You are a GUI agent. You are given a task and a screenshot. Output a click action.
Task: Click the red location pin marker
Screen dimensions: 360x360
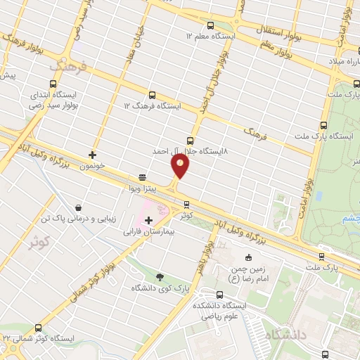coord(181,166)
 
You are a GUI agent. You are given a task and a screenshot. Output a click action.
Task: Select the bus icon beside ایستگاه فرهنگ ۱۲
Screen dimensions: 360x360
coord(152,95)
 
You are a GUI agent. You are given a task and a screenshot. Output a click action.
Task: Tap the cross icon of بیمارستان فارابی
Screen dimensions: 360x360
coord(148,220)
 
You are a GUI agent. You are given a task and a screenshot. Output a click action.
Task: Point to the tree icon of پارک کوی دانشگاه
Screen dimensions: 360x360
coord(160,276)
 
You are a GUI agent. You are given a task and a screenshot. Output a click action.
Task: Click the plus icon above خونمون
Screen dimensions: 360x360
coord(92,154)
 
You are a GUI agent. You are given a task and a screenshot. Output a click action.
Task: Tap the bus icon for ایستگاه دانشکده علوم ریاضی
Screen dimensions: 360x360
coord(201,295)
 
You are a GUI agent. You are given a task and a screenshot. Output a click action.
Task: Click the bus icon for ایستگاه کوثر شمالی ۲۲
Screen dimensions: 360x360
coord(38,328)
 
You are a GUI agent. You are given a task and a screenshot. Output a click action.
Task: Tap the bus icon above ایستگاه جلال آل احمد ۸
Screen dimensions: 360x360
coord(190,141)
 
